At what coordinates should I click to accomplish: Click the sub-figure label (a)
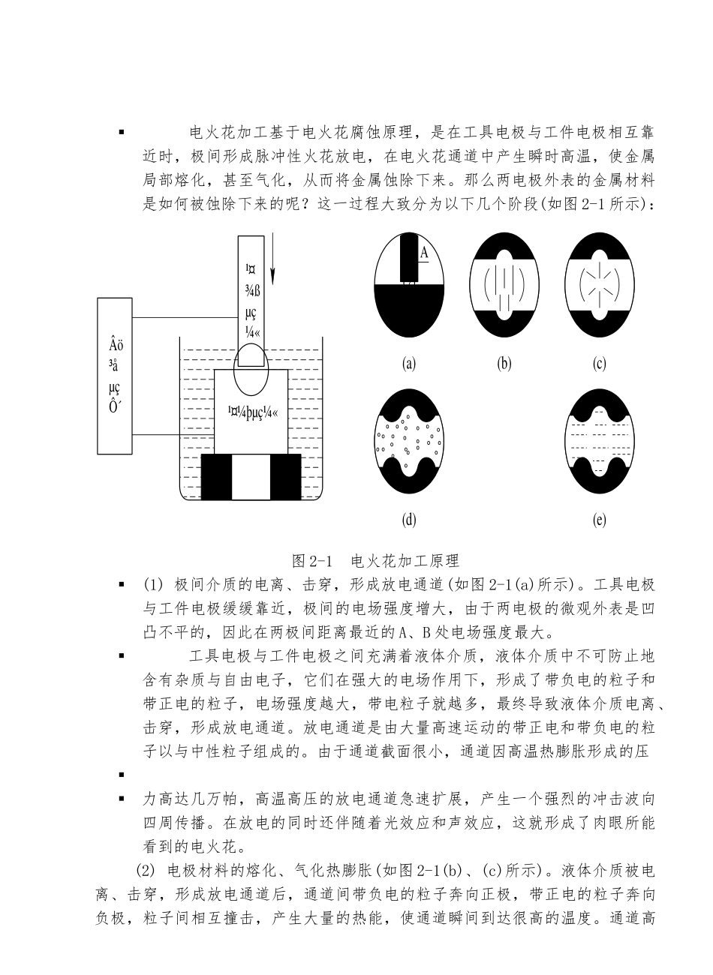409,364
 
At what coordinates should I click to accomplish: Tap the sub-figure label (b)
504,364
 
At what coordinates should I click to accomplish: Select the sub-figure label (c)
599,364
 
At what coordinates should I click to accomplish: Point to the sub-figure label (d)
409,519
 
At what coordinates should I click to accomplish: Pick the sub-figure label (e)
599,519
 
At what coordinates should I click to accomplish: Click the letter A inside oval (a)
424,253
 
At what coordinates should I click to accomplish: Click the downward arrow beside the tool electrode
273,259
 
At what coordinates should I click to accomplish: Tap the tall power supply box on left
115,375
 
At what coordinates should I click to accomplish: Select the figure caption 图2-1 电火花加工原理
375,560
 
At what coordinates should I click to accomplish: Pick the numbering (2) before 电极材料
144,871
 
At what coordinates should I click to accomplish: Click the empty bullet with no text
121,774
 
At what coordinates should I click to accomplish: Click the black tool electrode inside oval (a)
409,259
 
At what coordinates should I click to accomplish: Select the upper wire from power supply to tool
184,317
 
